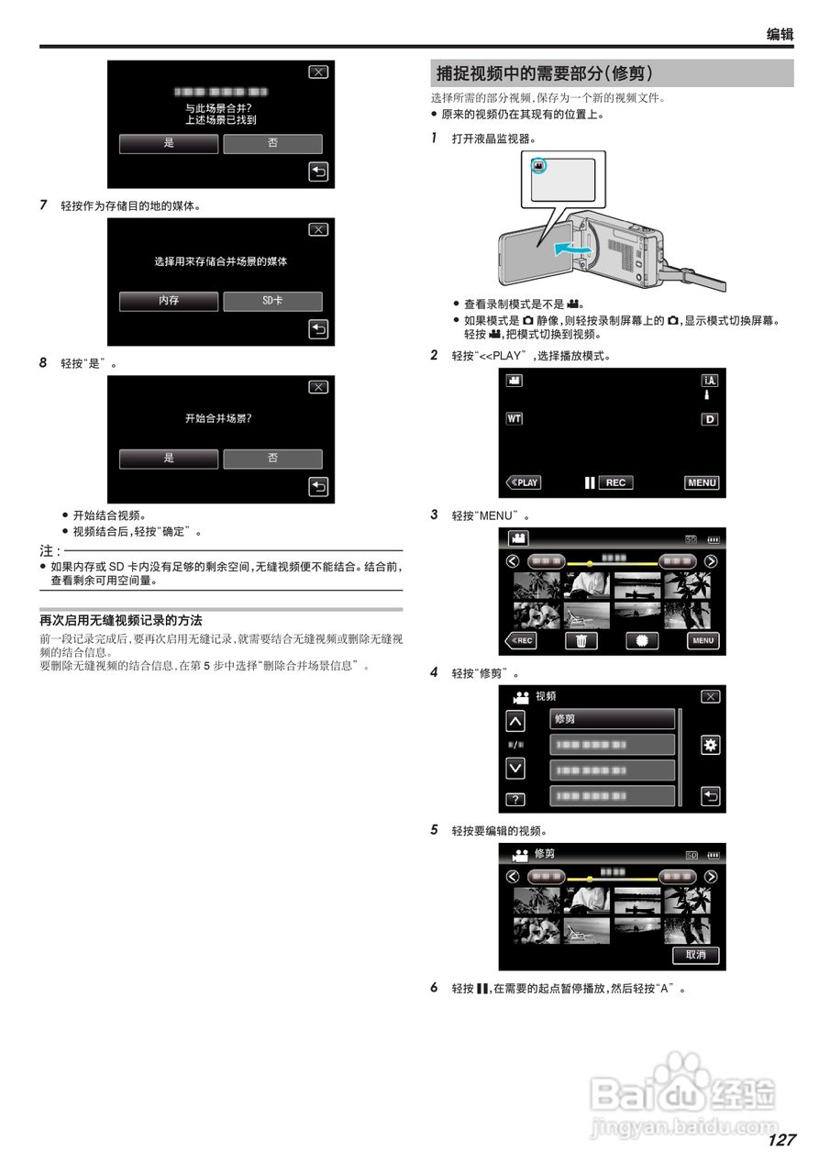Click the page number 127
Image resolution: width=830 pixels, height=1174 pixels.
pos(781,1140)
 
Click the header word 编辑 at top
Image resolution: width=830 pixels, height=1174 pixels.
pos(780,35)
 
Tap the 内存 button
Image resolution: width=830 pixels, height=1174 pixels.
pos(169,301)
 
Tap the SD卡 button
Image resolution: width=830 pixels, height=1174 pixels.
pos(272,301)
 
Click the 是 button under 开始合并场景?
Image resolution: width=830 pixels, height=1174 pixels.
pos(169,459)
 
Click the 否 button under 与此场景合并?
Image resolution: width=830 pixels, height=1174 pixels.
pos(272,144)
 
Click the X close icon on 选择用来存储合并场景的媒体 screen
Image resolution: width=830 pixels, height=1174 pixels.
pos(317,230)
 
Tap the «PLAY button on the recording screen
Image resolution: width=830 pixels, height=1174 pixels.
pos(524,482)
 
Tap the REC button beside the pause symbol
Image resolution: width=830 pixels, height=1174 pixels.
pos(615,482)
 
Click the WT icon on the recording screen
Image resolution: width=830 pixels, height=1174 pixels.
pos(515,418)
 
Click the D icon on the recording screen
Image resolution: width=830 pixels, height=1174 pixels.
pos(709,419)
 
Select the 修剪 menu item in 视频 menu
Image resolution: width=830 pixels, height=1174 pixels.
pos(612,719)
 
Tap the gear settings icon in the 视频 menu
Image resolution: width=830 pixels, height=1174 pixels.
pos(710,745)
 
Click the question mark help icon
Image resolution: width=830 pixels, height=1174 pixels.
pos(515,799)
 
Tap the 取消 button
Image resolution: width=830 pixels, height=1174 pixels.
pos(696,955)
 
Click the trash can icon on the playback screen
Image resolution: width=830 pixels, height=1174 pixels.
pos(581,641)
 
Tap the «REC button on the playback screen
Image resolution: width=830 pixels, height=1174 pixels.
pos(522,641)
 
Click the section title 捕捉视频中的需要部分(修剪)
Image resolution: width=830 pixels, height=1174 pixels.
pos(545,73)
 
